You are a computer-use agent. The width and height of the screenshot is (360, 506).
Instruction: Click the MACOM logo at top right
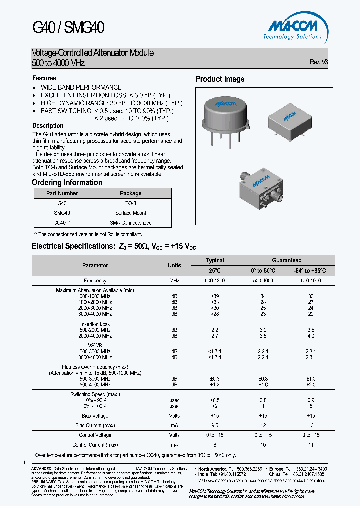[293, 29]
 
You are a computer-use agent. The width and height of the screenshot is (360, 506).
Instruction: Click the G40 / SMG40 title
[68, 27]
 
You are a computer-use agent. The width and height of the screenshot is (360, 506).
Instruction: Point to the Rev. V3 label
[319, 62]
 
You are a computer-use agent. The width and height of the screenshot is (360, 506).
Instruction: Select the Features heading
[44, 78]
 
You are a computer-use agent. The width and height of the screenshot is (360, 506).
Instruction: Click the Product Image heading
[220, 79]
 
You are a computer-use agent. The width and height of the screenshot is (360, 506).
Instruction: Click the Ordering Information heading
[67, 183]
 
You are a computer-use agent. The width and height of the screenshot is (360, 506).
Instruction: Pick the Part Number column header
[62, 193]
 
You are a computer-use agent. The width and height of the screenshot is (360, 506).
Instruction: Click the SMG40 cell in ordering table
[62, 213]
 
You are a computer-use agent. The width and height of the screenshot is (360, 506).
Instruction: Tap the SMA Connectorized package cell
[131, 223]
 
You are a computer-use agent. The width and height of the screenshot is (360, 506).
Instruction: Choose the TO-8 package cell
[131, 203]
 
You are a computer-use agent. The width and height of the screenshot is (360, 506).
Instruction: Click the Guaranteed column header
[286, 260]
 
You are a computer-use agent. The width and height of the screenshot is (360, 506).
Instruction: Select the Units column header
[174, 265]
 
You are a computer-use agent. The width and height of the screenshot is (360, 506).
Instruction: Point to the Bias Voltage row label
[95, 416]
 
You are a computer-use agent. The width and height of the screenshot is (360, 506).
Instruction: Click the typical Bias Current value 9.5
[215, 425]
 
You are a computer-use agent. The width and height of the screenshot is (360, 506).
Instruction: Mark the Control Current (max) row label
[95, 445]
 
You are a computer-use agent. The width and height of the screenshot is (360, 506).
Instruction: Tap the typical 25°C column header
[215, 270]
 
